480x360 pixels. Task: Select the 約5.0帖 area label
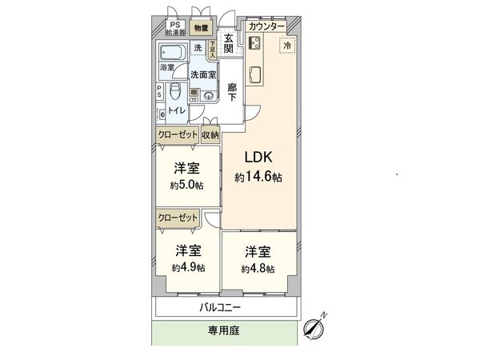(186, 186)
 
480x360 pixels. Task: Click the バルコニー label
(220, 307)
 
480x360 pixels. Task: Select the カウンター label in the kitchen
(266, 26)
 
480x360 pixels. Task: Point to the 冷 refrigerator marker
(287, 47)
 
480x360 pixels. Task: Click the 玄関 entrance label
(229, 43)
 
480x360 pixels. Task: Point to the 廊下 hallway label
(232, 92)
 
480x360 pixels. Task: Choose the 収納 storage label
(210, 135)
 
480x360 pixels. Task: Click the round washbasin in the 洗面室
(210, 96)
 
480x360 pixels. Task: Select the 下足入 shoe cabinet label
(213, 50)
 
